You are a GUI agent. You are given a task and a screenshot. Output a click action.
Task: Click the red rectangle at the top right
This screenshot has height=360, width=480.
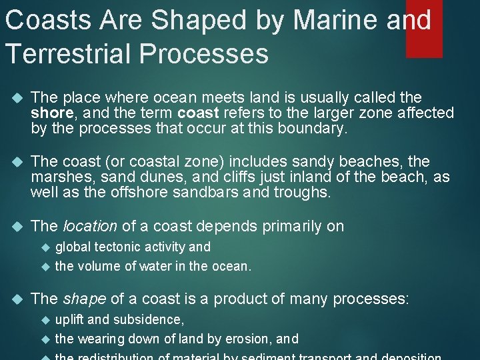(x=424, y=29)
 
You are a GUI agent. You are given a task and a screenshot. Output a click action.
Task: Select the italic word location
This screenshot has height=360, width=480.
(x=89, y=226)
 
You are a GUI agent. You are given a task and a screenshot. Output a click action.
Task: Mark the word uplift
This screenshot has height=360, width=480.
(x=69, y=319)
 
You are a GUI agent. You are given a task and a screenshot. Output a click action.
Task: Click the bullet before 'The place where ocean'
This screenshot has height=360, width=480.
(x=17, y=98)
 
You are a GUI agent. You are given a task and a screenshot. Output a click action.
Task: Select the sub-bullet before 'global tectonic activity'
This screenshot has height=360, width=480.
(x=45, y=247)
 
